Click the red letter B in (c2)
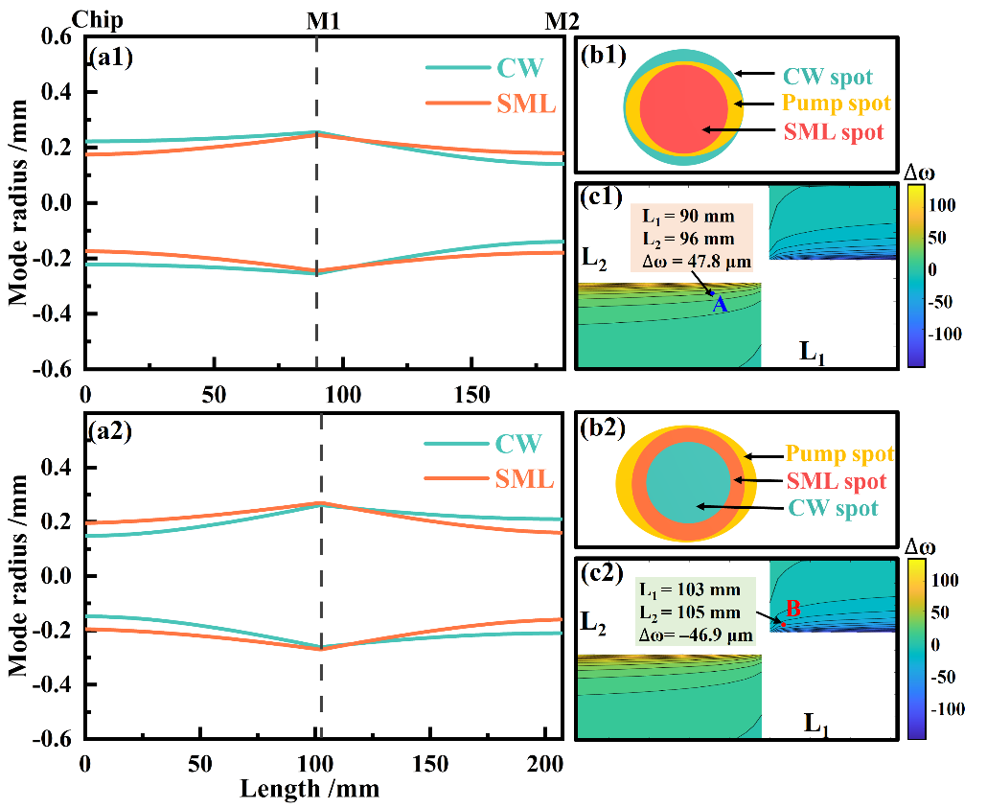coord(792,608)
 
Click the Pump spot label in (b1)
coord(836,103)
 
